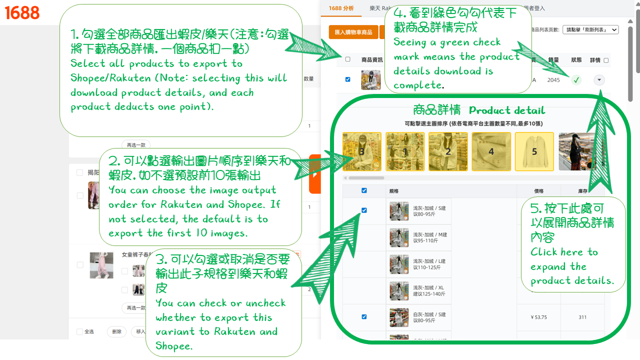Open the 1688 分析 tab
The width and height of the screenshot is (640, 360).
[x=341, y=8]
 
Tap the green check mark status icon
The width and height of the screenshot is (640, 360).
[x=576, y=80]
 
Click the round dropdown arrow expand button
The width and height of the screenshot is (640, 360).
[x=599, y=80]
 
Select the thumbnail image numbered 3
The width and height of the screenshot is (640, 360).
[x=361, y=151]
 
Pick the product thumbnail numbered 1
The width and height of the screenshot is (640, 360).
[x=405, y=151]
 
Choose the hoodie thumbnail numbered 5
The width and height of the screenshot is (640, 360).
[x=534, y=151]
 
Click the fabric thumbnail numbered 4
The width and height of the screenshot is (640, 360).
[x=491, y=151]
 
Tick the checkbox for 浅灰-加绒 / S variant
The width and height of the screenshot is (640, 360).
[x=364, y=210]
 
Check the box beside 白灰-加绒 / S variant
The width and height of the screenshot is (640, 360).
[x=364, y=316]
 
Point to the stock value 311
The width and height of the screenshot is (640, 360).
[x=582, y=317]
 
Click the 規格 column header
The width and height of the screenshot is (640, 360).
[x=394, y=190]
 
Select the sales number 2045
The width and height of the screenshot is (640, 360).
[x=553, y=80]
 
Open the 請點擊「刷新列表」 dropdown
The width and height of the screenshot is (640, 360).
[x=590, y=29]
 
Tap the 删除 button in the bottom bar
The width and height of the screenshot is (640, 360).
[x=116, y=331]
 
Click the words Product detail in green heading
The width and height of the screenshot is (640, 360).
[x=507, y=110]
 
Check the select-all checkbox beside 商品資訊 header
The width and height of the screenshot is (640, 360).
[x=348, y=59]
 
